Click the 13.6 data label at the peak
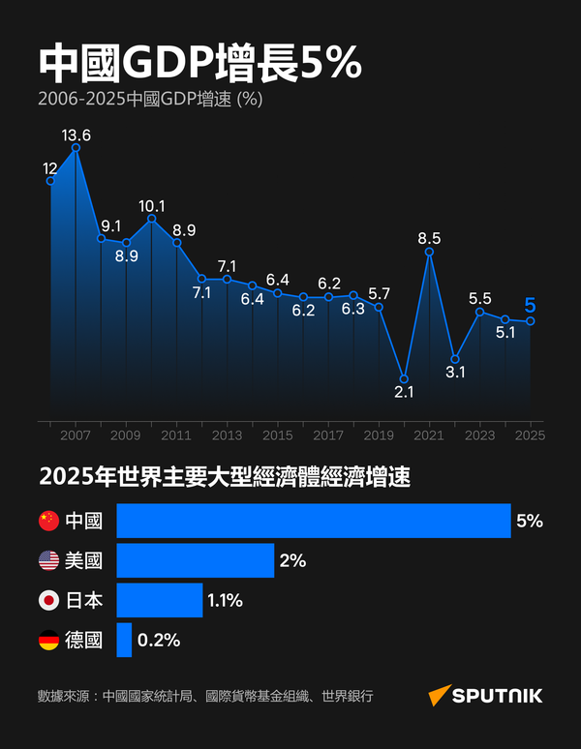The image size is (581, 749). pyautogui.click(x=76, y=135)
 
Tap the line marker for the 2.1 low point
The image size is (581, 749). pyautogui.click(x=404, y=378)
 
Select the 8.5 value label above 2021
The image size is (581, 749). pyautogui.click(x=429, y=238)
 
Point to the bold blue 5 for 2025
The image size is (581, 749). pyautogui.click(x=530, y=307)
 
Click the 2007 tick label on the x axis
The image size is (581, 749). pyautogui.click(x=76, y=435)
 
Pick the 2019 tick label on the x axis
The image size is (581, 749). pyautogui.click(x=379, y=435)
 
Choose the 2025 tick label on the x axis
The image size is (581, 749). pyautogui.click(x=530, y=435)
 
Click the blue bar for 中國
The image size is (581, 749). pyautogui.click(x=314, y=521)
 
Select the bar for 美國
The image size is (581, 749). pyautogui.click(x=196, y=560)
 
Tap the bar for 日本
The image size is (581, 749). pyautogui.click(x=160, y=600)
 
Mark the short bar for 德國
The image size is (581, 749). pyautogui.click(x=124, y=640)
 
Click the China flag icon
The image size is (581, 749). pyautogui.click(x=48, y=521)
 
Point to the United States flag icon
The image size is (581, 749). pyautogui.click(x=48, y=560)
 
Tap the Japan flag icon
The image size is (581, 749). pyautogui.click(x=48, y=600)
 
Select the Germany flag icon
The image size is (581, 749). pyautogui.click(x=48, y=640)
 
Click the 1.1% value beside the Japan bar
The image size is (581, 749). pyautogui.click(x=224, y=601)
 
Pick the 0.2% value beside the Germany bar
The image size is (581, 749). pyautogui.click(x=159, y=641)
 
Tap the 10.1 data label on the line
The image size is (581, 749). pyautogui.click(x=152, y=206)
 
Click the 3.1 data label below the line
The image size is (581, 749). pyautogui.click(x=455, y=372)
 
